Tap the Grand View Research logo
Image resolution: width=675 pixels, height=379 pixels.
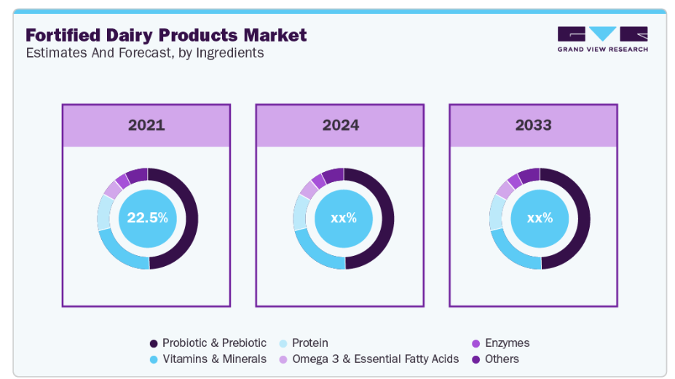click(602, 39)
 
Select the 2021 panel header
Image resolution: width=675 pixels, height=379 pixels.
click(146, 125)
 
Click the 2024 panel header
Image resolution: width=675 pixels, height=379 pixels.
click(341, 125)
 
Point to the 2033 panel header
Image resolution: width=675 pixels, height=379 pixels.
click(533, 125)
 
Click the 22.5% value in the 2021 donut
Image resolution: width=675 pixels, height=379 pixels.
click(147, 218)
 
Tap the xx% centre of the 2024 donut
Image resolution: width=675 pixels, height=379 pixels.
click(343, 218)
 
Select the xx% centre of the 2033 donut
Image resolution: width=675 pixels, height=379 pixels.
click(540, 218)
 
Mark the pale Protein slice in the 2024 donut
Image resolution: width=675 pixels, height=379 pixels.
click(299, 213)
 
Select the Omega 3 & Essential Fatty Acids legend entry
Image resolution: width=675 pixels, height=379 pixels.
click(368, 359)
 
